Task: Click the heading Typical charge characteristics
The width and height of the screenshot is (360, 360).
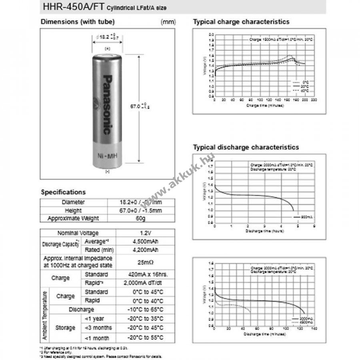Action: pos(241,22)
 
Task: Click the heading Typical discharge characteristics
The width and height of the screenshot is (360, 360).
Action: pos(246,147)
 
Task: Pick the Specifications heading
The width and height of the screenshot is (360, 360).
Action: pos(63,192)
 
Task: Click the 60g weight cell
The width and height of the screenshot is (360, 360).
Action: pos(143,218)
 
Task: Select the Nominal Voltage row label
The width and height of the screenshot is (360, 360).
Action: pos(78,233)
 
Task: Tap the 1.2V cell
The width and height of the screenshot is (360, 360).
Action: pos(143,233)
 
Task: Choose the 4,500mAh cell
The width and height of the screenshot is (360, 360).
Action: pos(143,242)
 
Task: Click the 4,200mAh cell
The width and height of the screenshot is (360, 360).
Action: pos(143,250)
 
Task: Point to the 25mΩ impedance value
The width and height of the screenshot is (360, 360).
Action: pos(143,262)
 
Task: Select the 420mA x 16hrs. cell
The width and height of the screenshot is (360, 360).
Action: pos(143,275)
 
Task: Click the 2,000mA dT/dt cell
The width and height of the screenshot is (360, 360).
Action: pos(143,283)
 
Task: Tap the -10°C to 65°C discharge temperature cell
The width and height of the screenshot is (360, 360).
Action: pos(143,310)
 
